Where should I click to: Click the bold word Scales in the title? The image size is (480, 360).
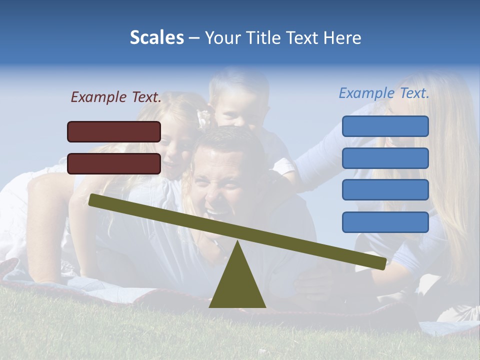click(156, 37)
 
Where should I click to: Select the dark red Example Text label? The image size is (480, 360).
click(116, 97)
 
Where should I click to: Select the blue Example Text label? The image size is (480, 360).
click(384, 93)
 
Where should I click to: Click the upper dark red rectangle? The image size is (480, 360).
click(114, 131)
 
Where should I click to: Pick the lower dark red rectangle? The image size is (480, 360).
click(114, 163)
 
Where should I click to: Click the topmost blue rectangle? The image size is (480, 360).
click(385, 126)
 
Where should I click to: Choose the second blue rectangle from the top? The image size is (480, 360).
click(385, 158)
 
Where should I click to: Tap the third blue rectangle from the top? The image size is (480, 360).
click(385, 190)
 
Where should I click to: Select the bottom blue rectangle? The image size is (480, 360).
click(385, 222)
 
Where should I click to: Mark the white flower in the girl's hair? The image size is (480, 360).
click(204, 118)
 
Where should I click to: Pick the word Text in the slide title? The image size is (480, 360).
click(302, 37)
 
